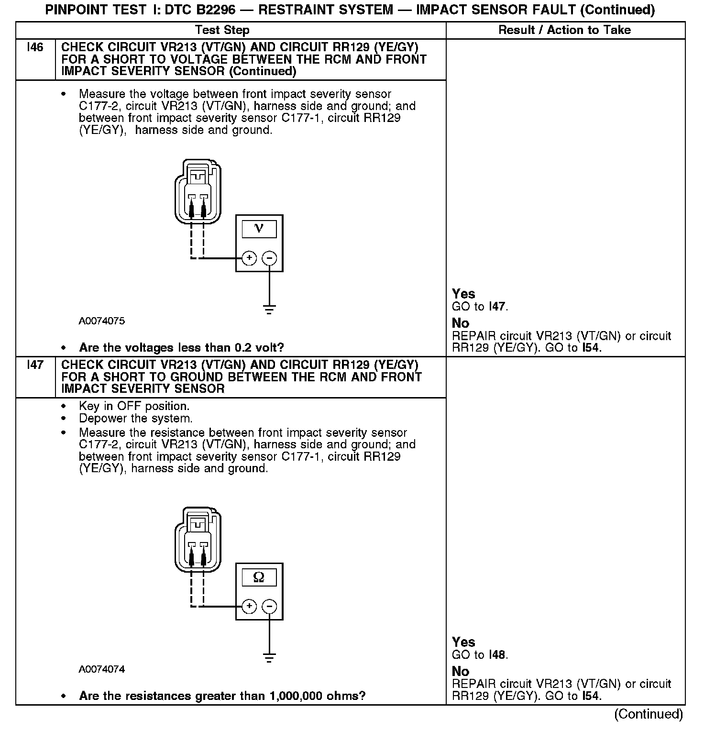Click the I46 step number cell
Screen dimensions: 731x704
click(x=35, y=47)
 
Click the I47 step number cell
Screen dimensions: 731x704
click(x=35, y=365)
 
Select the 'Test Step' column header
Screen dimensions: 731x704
click(x=222, y=30)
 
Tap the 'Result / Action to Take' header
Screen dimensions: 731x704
click(x=564, y=30)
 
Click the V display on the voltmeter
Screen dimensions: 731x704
click(x=259, y=229)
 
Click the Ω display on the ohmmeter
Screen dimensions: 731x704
click(x=259, y=577)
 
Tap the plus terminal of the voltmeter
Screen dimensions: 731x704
click(x=249, y=258)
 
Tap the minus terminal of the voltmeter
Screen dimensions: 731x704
click(x=270, y=258)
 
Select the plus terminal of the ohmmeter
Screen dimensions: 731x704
click(x=249, y=607)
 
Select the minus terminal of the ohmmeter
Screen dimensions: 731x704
click(x=270, y=607)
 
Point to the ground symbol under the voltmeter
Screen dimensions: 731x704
click(x=270, y=309)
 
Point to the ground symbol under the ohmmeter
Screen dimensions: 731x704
click(x=270, y=658)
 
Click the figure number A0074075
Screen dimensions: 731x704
click(x=102, y=321)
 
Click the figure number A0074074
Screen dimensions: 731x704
click(x=102, y=669)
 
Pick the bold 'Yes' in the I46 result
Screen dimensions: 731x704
click(x=463, y=294)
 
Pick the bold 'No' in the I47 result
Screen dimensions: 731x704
click(x=461, y=671)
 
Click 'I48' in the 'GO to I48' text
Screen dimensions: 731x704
click(x=497, y=655)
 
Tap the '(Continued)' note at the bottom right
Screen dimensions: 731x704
click(x=649, y=714)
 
